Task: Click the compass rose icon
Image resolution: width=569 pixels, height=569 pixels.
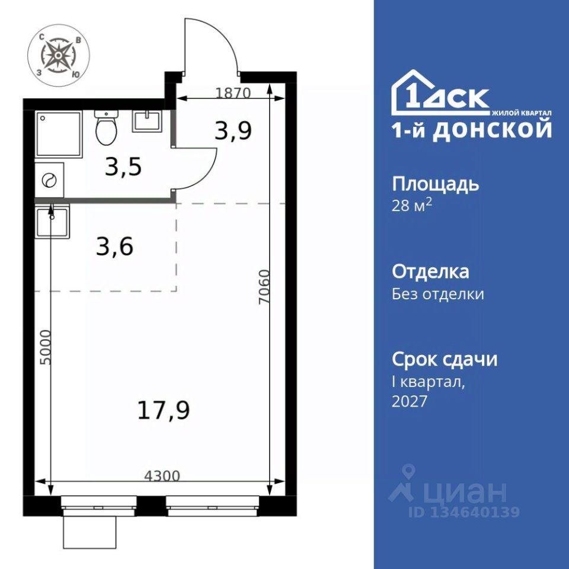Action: (x=59, y=55)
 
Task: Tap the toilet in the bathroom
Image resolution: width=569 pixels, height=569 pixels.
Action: (x=106, y=127)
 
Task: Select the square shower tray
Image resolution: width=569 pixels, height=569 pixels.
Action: (x=59, y=134)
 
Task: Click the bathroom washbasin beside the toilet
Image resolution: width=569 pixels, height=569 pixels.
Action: (x=146, y=122)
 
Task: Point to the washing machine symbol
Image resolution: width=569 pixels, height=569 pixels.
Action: (x=49, y=180)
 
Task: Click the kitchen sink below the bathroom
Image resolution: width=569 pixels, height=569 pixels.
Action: (x=52, y=221)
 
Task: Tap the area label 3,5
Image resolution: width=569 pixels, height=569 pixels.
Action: (x=123, y=167)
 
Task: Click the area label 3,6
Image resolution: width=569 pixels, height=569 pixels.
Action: (x=114, y=247)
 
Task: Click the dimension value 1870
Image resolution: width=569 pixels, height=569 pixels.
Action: (x=233, y=93)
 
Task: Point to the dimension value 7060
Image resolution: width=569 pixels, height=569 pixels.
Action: (x=264, y=287)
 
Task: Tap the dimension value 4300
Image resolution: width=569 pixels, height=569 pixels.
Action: (x=162, y=475)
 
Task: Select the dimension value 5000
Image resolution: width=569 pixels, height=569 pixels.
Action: (x=46, y=347)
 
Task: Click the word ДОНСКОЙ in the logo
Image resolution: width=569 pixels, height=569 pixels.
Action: (x=492, y=130)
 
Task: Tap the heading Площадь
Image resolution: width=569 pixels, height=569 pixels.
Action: (x=436, y=185)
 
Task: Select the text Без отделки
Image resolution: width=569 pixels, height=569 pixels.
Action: (x=438, y=294)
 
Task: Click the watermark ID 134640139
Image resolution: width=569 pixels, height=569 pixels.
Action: (x=464, y=512)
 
